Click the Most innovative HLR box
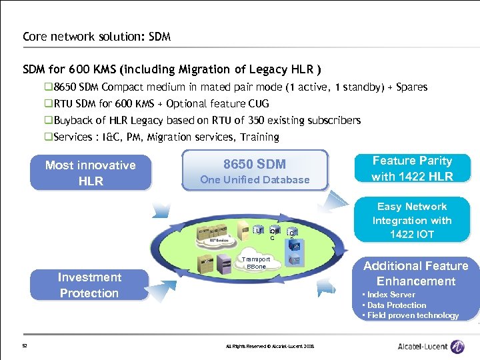click(x=90, y=173)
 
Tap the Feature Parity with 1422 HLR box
click(x=412, y=169)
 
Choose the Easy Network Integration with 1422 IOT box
click(x=412, y=221)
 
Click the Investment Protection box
click(x=89, y=285)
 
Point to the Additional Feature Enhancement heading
click(x=415, y=273)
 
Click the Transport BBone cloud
click(x=256, y=262)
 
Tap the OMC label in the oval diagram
click(x=274, y=233)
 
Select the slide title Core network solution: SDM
click(x=97, y=37)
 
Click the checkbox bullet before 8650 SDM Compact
click(x=48, y=87)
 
